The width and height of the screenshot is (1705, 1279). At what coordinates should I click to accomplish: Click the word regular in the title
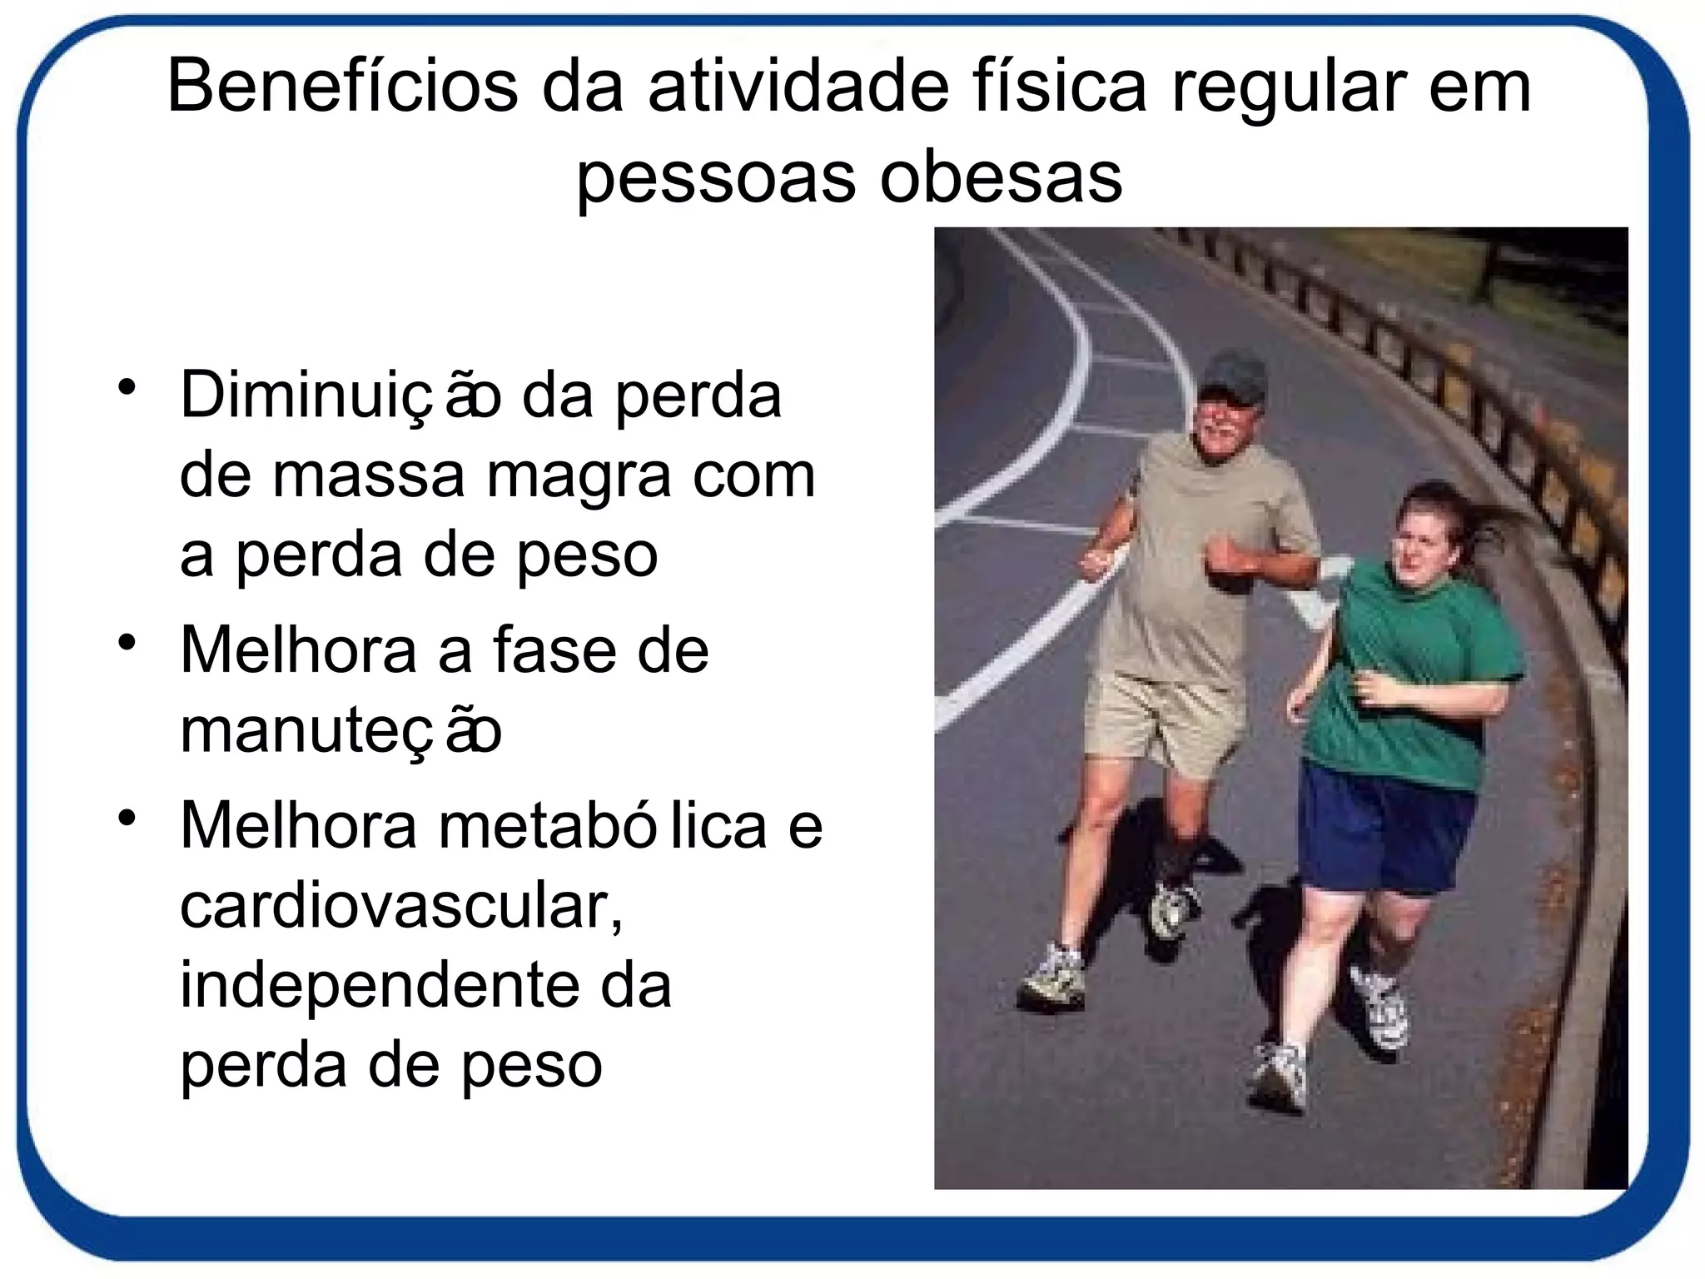(1288, 87)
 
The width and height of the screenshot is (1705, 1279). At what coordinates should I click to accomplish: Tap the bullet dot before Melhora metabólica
(127, 818)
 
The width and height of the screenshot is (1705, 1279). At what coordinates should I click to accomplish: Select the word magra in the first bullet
(578, 477)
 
